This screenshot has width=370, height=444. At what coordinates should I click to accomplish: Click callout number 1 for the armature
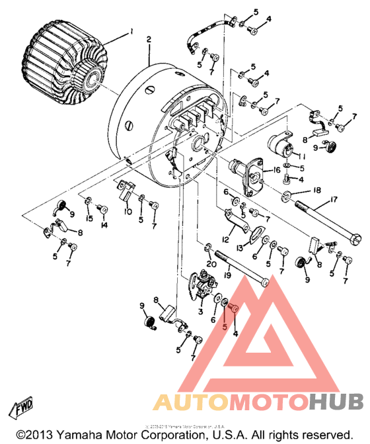coord(131,31)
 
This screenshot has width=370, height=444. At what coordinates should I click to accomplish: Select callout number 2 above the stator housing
coord(149,40)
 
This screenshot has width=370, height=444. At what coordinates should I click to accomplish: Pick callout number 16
coord(268,170)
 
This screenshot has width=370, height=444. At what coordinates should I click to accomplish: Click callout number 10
coord(128,212)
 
